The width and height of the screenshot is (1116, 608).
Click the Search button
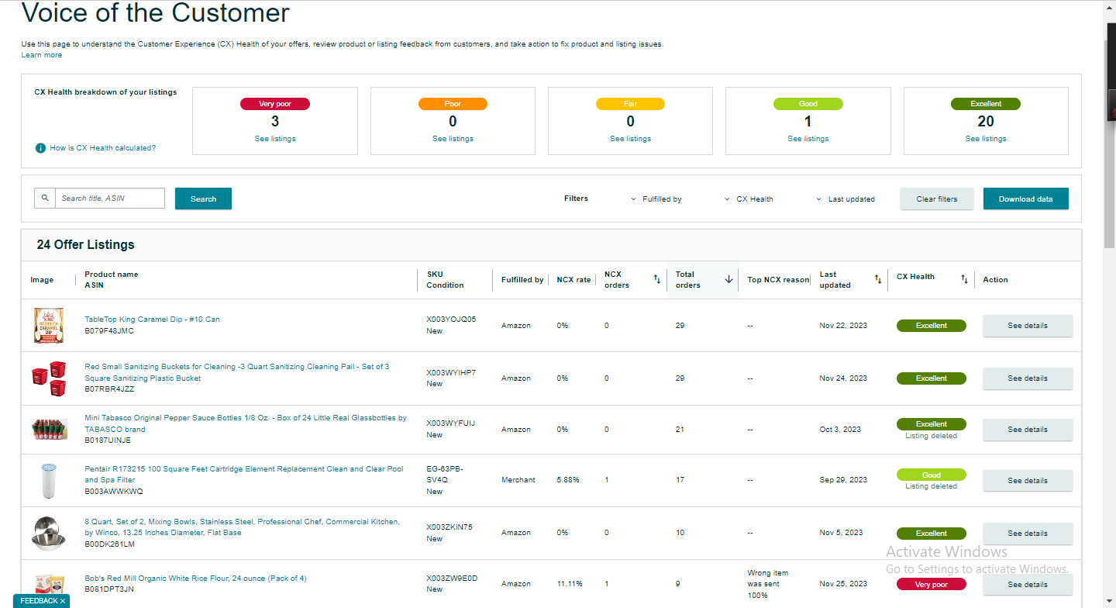pos(203,199)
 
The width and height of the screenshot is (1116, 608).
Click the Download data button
pos(1025,199)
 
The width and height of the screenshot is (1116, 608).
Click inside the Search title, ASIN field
pos(109,198)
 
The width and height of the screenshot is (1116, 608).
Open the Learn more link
pos(41,55)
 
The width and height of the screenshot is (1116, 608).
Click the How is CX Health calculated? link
pos(102,148)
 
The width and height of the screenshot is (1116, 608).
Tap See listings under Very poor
pos(275,139)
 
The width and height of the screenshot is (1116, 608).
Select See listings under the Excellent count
pos(986,139)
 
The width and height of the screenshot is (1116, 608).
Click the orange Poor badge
pos(453,104)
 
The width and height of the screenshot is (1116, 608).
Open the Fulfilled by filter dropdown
pos(656,199)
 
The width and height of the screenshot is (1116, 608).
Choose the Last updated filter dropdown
pos(846,199)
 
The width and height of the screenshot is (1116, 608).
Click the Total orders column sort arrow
pos(728,279)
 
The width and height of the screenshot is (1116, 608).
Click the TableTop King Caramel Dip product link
pos(152,319)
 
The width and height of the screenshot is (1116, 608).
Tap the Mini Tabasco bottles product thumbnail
pos(49,429)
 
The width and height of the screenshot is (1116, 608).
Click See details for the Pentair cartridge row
pos(1028,480)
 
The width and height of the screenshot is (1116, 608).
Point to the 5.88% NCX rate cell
pos(568,480)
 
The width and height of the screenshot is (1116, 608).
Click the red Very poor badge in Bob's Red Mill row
pos(932,584)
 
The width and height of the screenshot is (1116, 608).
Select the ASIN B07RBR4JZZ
pos(109,389)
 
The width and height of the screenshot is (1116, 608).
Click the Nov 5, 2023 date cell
pos(841,532)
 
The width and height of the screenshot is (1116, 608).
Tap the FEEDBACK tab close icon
pos(63,601)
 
